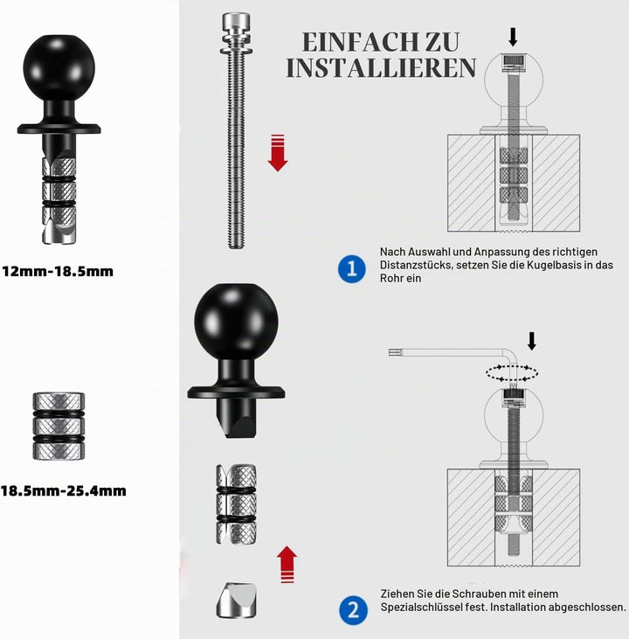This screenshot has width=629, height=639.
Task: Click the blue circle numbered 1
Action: (x=352, y=268)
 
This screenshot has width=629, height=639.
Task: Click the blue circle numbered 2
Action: (x=353, y=610)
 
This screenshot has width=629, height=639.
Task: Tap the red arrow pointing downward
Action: (x=278, y=152)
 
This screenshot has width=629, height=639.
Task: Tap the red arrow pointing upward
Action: (x=287, y=565)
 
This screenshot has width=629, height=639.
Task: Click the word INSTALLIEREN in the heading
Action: (x=381, y=67)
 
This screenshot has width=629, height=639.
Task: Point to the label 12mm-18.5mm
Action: (x=58, y=271)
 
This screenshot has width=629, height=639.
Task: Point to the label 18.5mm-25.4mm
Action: (x=63, y=490)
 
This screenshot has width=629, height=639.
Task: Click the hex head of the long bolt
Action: (x=236, y=20)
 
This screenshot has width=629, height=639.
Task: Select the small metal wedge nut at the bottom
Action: (x=236, y=600)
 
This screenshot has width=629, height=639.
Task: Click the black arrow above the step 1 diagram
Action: (x=514, y=37)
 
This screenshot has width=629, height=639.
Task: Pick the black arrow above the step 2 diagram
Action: (x=532, y=341)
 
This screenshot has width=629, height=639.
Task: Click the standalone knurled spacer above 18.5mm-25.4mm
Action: (x=59, y=427)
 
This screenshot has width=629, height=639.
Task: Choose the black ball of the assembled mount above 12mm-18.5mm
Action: (x=59, y=67)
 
